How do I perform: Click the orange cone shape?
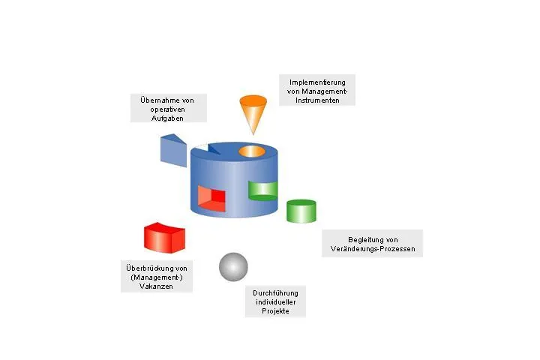253,111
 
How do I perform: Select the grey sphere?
233,267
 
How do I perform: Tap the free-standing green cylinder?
301,211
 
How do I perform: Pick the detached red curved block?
164,238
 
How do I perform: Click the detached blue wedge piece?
173,151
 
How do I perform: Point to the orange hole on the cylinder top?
252,151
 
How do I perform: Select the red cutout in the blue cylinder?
211,199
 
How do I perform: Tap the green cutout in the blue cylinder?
262,190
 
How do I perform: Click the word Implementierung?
317,82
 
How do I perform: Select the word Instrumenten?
317,100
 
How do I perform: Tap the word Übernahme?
157,100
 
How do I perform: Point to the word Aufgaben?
167,118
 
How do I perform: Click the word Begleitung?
363,240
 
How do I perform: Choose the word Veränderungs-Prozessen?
373,249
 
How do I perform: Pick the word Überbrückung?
147,268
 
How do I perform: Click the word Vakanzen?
156,286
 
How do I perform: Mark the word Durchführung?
275,293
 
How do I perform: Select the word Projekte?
275,311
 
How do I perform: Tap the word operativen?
167,109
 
